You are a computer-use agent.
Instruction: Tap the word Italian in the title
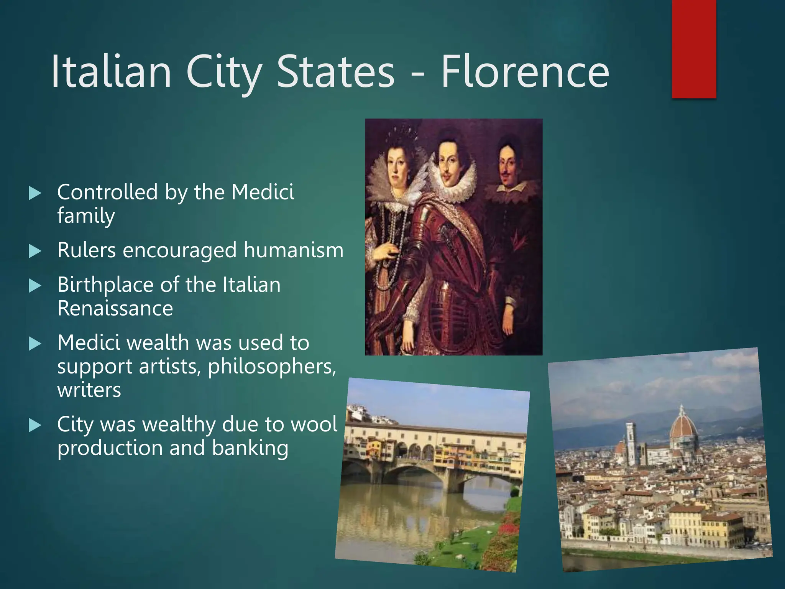[x=111, y=72]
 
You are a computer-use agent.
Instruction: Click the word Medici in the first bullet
[x=263, y=192]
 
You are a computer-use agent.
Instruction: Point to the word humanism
[x=293, y=250]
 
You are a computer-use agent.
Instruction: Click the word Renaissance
[x=115, y=309]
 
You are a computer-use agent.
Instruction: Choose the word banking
[x=250, y=448]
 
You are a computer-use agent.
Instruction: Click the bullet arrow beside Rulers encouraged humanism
[x=35, y=252]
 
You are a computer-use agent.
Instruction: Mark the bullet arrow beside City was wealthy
[x=35, y=425]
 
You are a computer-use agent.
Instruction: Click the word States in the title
[x=335, y=72]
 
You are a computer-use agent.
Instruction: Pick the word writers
[x=89, y=390]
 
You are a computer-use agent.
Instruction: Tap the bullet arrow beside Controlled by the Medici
[x=35, y=193]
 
